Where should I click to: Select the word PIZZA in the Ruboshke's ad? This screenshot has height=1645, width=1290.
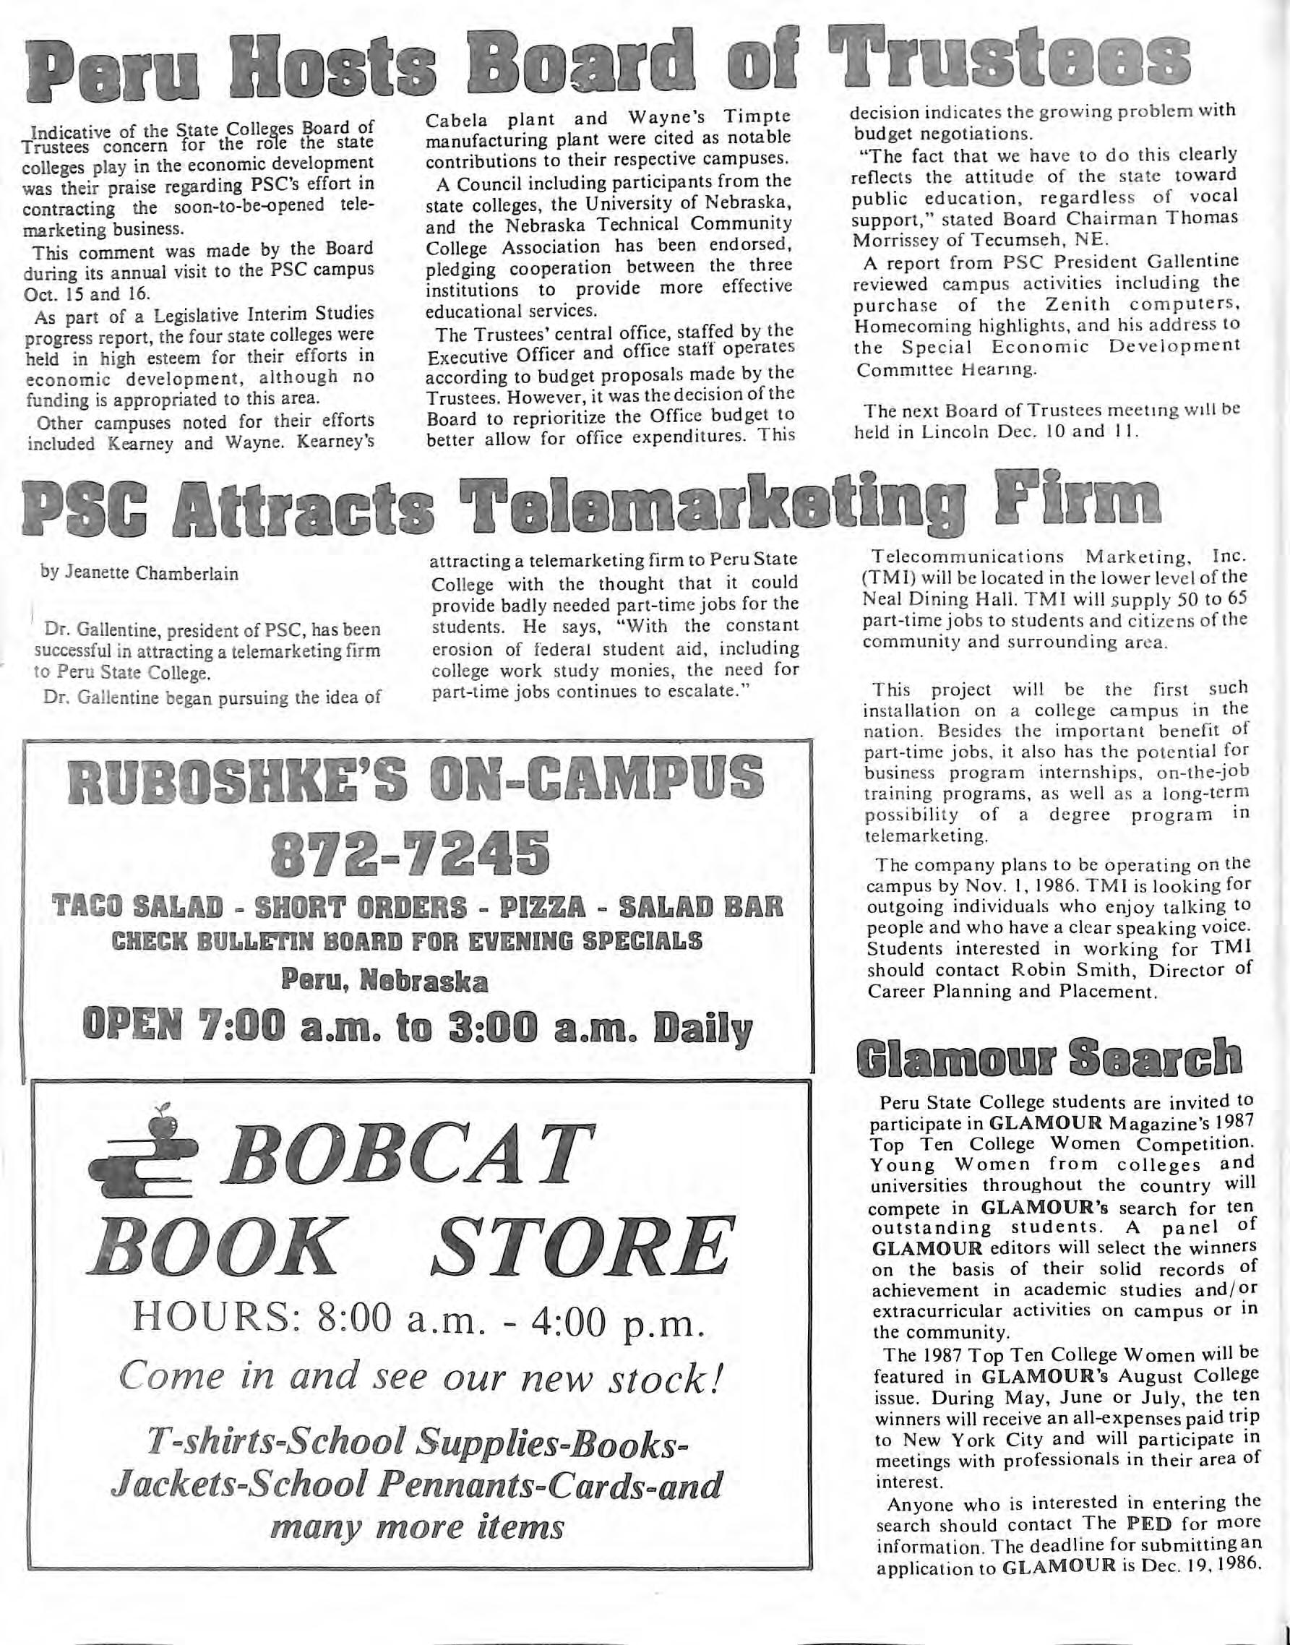(x=551, y=906)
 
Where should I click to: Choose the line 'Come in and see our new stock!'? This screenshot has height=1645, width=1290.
(x=423, y=1378)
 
